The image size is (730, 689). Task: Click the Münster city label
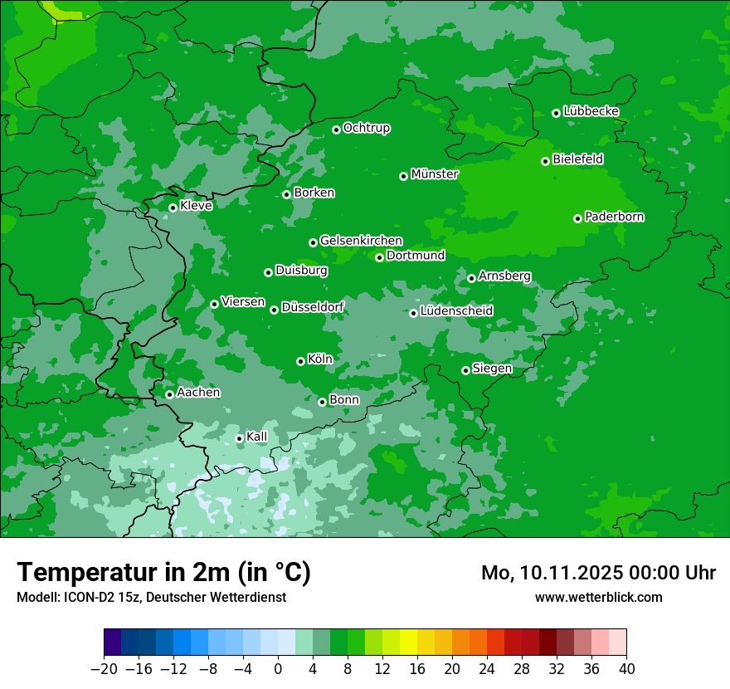pos(434,174)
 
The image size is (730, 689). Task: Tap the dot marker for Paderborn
pos(577,218)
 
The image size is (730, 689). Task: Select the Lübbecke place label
pos(591,111)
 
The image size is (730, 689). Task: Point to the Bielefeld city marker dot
pos(545,161)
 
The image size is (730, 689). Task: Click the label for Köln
pos(319,359)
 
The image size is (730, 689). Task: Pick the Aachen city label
pos(198,392)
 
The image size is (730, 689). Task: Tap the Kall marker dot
pos(239,438)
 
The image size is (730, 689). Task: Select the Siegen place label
pos(492,369)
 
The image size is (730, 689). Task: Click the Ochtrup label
pos(366,128)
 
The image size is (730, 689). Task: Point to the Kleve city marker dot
pos(173,208)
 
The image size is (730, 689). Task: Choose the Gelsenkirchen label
pos(361,241)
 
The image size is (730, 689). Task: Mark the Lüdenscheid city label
pos(456,311)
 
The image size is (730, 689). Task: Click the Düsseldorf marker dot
pos(274,310)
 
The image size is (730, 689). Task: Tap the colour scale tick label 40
pos(626,669)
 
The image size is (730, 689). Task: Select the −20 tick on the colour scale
pos(104,669)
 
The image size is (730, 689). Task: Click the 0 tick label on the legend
pos(278,669)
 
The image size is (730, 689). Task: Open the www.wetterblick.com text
pos(598,597)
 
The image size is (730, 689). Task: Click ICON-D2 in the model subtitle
pos(86,597)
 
